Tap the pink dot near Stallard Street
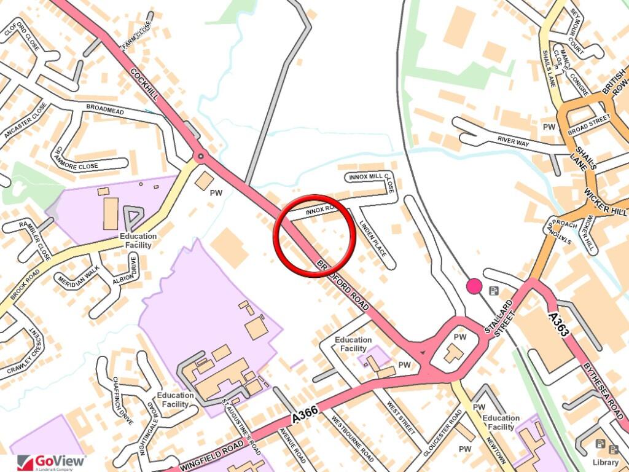474,286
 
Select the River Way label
514,141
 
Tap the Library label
606,462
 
